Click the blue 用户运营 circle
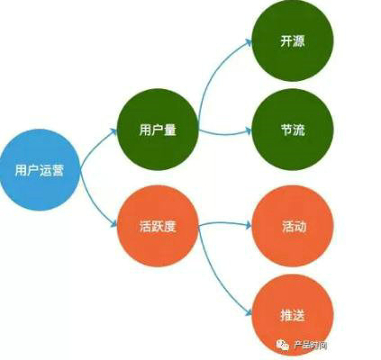click(40, 170)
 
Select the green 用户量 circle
click(158, 130)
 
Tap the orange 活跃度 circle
click(158, 226)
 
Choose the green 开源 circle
click(292, 40)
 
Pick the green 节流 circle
click(292, 130)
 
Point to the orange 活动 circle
click(293, 226)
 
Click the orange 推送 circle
click(293, 315)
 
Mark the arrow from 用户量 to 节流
click(224, 132)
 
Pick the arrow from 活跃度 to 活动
click(224, 223)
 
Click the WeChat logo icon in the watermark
click(282, 345)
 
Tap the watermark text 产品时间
click(310, 346)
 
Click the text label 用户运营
click(40, 170)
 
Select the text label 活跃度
click(158, 226)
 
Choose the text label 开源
click(292, 41)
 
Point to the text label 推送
click(293, 316)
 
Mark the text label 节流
click(292, 130)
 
